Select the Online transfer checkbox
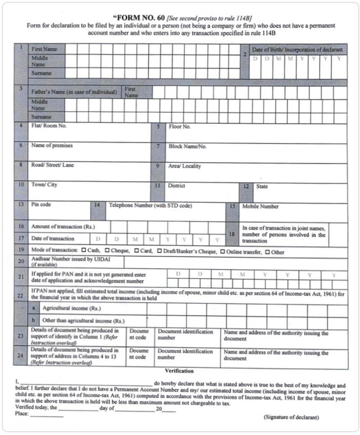(x=223, y=251)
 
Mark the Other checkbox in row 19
(x=267, y=252)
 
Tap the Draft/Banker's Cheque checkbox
(x=159, y=251)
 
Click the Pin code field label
(x=41, y=205)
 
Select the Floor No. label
(x=180, y=126)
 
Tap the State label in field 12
(x=262, y=186)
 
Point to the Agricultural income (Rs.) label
(x=71, y=308)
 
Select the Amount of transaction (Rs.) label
(x=63, y=226)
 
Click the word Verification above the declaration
(x=179, y=371)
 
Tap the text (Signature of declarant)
(x=291, y=417)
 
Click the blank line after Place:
(x=46, y=415)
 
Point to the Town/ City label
(x=44, y=184)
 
